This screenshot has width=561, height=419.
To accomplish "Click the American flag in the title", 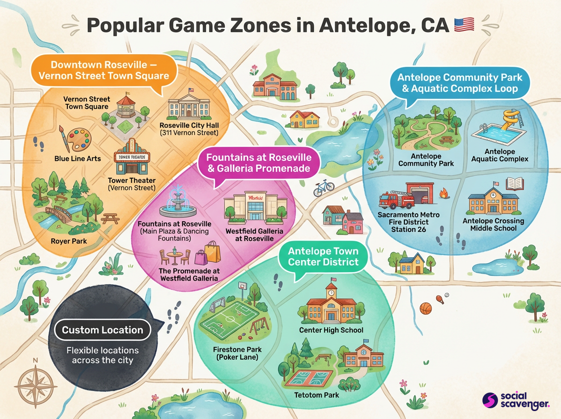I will coord(464,24).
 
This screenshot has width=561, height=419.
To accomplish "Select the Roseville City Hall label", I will coord(189,129).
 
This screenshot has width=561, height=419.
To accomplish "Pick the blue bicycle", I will coord(324,188).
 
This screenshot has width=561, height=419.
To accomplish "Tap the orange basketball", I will coord(425,309).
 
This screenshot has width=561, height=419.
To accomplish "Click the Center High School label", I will coord(331,330).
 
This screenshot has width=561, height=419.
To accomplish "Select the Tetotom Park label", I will coord(316,395).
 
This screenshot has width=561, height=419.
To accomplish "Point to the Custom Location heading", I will coord(102,330).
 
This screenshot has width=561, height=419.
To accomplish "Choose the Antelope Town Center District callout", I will coord(323,257).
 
